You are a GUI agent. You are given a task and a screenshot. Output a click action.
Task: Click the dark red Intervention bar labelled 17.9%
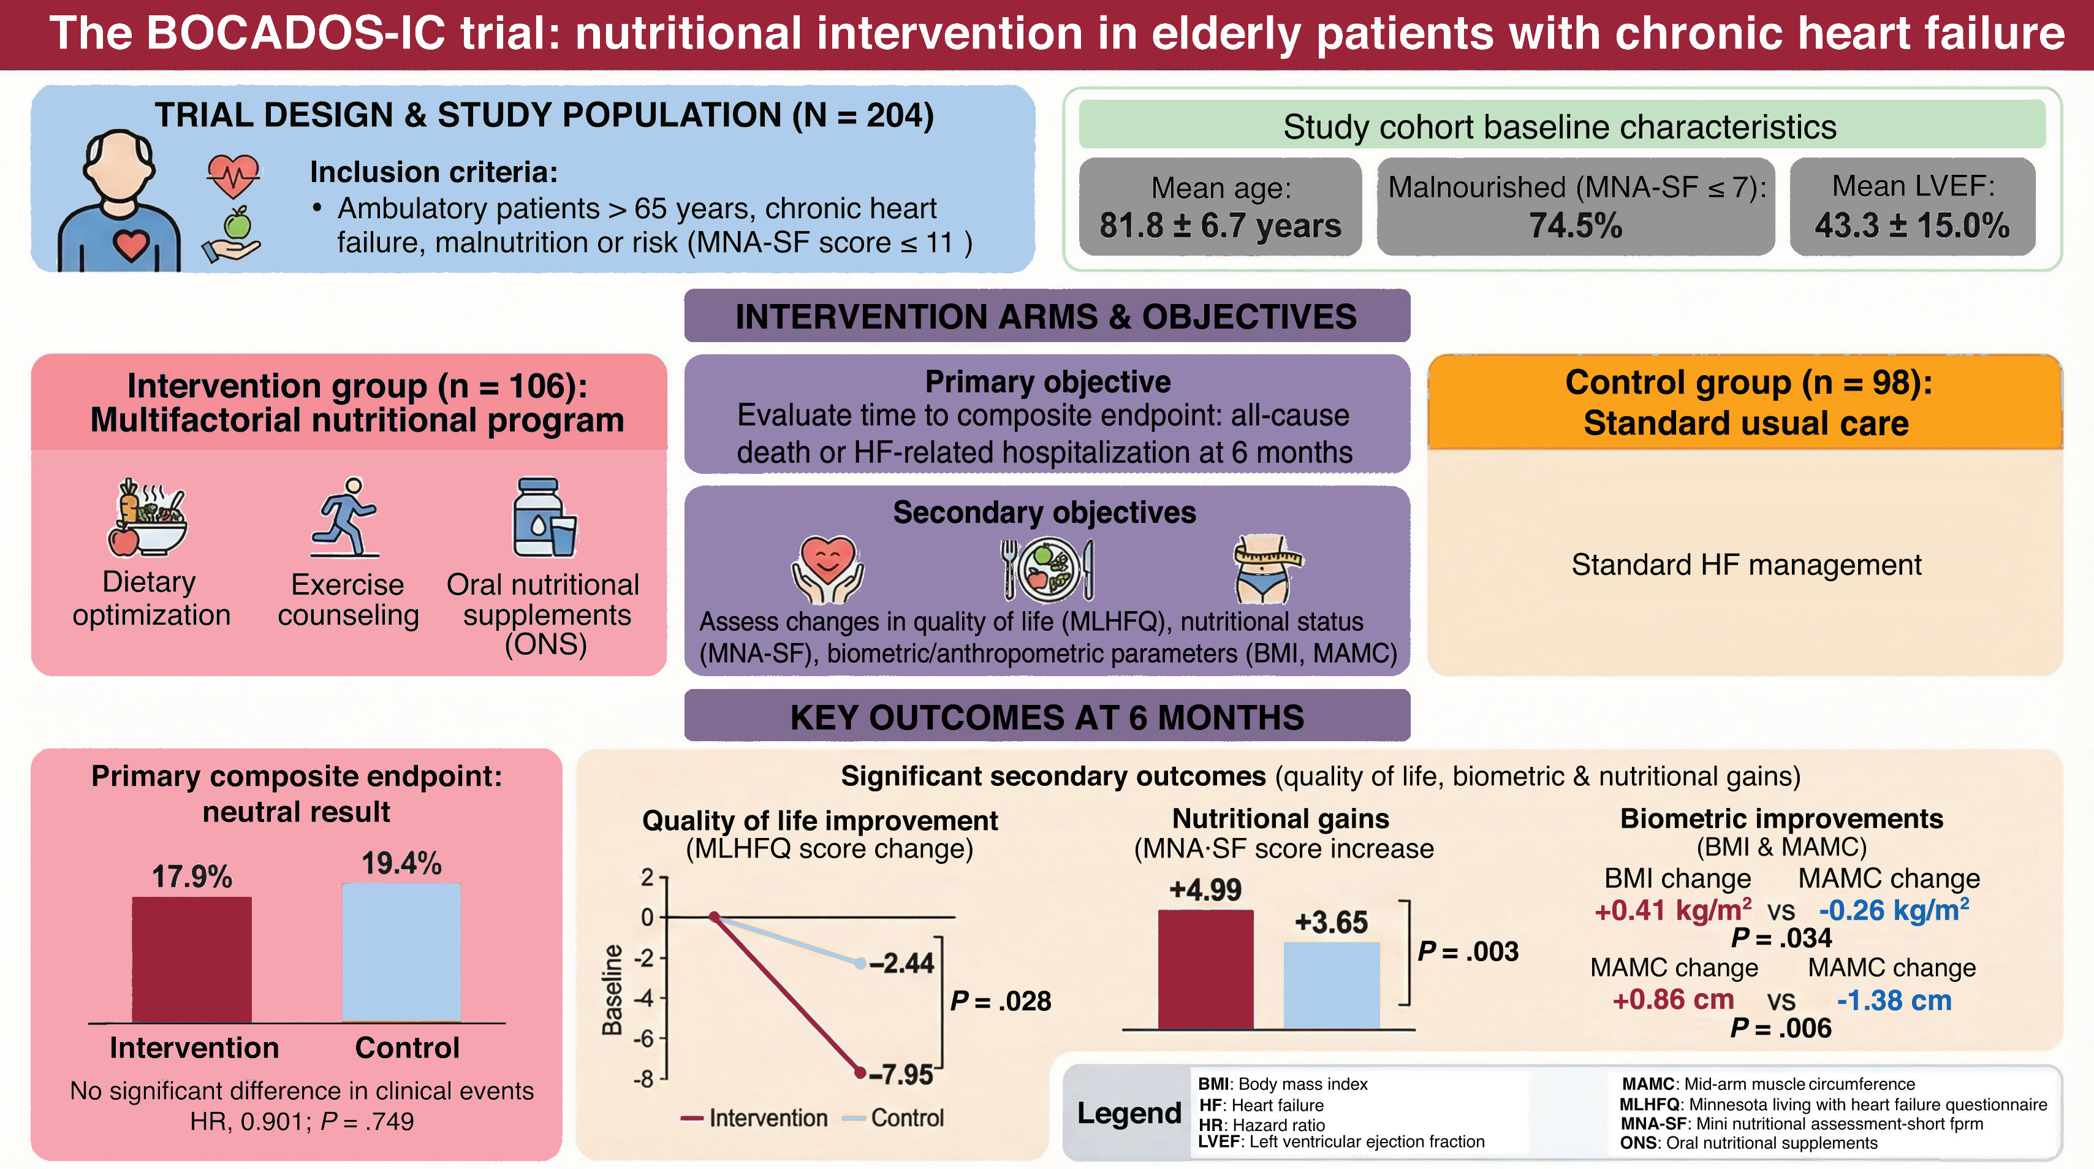tap(192, 959)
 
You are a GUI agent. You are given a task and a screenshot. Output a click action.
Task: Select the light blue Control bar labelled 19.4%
tap(401, 952)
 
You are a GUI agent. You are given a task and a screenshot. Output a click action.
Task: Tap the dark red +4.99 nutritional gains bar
tap(1205, 969)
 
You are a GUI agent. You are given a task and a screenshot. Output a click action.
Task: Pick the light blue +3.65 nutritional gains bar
tap(1332, 985)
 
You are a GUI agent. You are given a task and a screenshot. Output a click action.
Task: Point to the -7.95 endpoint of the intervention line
tap(860, 1073)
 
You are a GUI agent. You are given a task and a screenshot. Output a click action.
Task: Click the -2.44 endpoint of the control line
tap(860, 963)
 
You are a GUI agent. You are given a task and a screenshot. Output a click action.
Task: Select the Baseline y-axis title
tap(612, 989)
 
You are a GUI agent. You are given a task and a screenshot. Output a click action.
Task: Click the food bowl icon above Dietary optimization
tap(147, 518)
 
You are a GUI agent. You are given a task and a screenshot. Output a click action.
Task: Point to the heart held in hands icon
tap(827, 569)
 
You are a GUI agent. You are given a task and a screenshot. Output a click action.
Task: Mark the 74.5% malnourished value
tap(1576, 225)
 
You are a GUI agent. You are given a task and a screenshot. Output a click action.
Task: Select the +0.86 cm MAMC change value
tap(1673, 999)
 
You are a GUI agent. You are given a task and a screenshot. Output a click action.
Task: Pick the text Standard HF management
tap(1746, 564)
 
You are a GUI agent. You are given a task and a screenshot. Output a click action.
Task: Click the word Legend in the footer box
tap(1129, 1113)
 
